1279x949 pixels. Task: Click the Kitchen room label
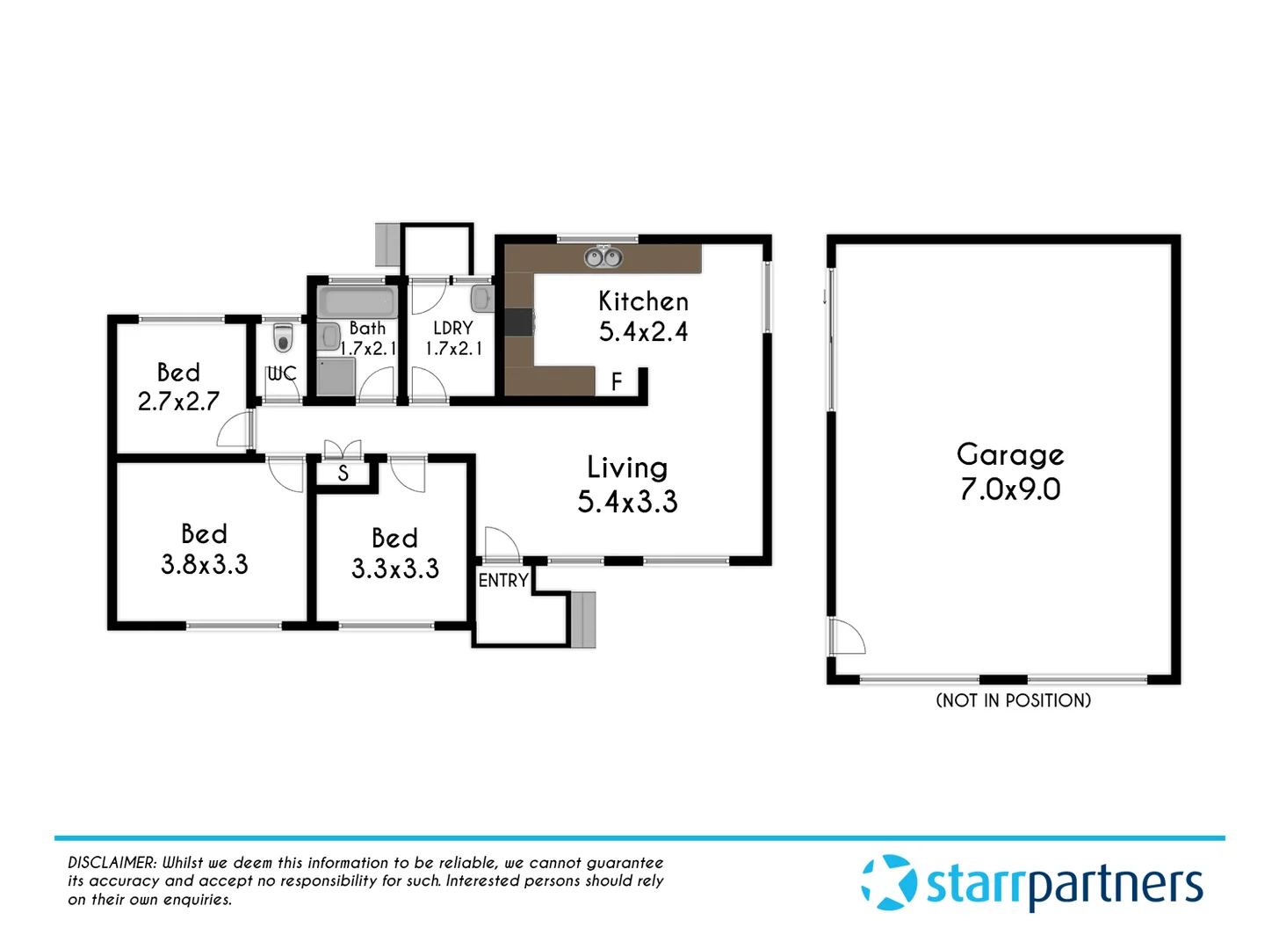(x=643, y=301)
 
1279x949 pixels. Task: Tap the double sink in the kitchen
(x=603, y=257)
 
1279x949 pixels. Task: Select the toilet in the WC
(x=282, y=337)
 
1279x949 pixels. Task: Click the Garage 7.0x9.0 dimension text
(x=1010, y=489)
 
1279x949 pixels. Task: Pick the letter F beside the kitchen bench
(x=617, y=381)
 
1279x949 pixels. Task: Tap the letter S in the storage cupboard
(x=343, y=474)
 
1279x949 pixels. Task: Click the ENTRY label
(x=503, y=581)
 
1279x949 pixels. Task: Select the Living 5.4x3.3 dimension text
(x=627, y=502)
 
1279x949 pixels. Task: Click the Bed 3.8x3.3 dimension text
(x=205, y=565)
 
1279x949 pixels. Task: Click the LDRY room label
(x=453, y=328)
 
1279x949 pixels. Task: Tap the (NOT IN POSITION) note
(x=1013, y=700)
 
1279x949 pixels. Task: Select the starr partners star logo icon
(x=889, y=883)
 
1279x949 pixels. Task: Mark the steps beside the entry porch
(x=583, y=619)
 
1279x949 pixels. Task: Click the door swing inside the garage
(x=848, y=637)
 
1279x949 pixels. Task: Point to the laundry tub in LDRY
(x=482, y=298)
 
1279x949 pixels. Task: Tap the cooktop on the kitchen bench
(x=519, y=322)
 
